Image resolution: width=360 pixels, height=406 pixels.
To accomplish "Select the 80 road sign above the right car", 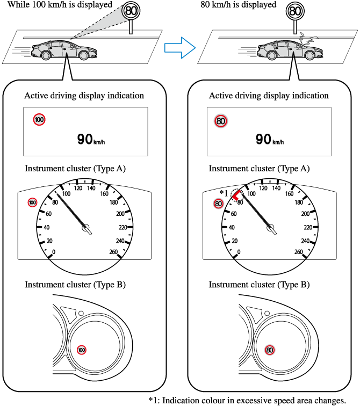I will coord(293,11).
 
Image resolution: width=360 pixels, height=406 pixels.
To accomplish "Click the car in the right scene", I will coord(290,52).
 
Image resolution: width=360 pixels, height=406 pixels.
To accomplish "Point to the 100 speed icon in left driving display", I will coord(39,120).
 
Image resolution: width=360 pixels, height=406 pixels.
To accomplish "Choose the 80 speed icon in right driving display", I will coord(220,121).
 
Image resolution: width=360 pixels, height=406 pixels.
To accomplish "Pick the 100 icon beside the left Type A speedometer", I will coord(33,202).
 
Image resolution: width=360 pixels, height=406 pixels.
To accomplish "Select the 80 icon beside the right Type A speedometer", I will coord(218,204).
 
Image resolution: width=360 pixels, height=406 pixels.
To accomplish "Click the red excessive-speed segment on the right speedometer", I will coord(235,197).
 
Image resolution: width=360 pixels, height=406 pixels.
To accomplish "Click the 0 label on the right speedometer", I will coord(239,251).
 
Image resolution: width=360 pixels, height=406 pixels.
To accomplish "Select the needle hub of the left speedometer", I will coord(86,229).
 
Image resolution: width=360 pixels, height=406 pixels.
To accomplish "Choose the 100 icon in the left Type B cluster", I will coord(81,350).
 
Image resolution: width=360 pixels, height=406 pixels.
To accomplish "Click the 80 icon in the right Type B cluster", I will coord(270,350).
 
